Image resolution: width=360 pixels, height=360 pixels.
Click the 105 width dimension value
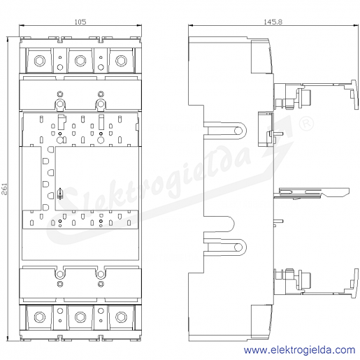(x=80, y=22)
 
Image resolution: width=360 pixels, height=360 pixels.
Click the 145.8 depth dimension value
(x=273, y=22)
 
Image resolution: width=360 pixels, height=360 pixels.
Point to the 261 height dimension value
(x=5, y=189)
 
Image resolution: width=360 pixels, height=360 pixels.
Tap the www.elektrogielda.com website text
(x=299, y=350)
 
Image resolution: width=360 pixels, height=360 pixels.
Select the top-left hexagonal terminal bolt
(x=40, y=61)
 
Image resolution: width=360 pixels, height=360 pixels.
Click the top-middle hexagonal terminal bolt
(x=80, y=61)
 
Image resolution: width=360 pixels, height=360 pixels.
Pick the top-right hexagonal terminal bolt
(x=121, y=61)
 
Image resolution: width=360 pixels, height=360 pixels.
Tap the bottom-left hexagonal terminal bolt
(x=40, y=317)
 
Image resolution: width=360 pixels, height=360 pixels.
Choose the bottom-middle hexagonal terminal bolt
(x=80, y=317)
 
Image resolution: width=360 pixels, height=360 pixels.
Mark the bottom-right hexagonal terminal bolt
(x=121, y=317)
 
